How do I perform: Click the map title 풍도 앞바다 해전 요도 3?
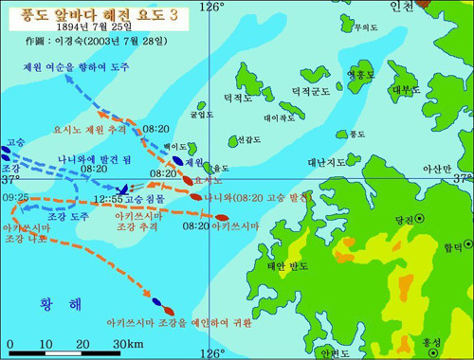(84, 12)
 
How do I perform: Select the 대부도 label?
(406, 90)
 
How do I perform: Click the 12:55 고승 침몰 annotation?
(143, 201)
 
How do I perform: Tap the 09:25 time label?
(15, 197)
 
